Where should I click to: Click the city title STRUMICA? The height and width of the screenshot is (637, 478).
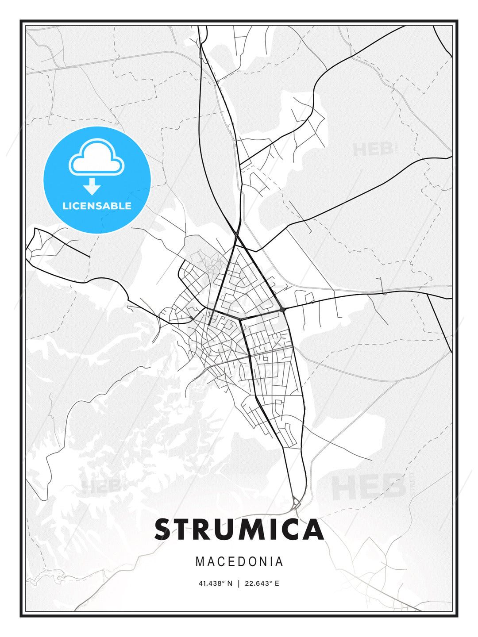click(x=239, y=530)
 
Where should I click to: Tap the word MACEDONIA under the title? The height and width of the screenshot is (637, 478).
click(x=239, y=561)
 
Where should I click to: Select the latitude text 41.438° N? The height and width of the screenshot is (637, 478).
click(x=215, y=583)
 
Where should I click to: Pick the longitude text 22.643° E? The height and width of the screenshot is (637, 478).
click(x=262, y=583)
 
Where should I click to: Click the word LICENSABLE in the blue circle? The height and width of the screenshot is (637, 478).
click(x=97, y=206)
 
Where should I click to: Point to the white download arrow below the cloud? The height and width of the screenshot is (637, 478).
click(x=92, y=186)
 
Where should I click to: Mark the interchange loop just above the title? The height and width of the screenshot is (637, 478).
click(x=296, y=503)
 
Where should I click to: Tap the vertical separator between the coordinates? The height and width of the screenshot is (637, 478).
click(x=239, y=583)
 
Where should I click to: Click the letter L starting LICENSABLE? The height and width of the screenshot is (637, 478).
click(x=65, y=206)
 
